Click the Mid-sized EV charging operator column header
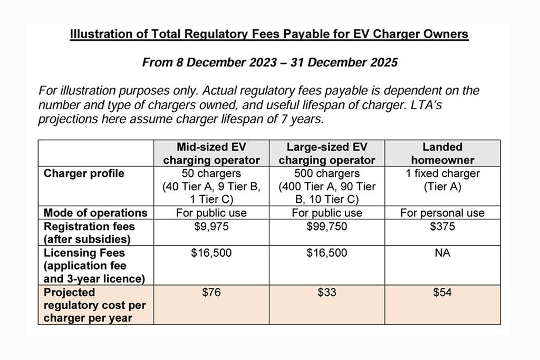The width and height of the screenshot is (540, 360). click(211, 153)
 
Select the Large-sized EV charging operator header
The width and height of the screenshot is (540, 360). click(327, 153)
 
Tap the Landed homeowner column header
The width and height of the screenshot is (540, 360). click(442, 153)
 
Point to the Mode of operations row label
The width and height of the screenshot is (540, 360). click(95, 213)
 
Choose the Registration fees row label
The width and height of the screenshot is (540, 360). click(89, 232)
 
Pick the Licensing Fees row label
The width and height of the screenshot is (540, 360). click(84, 266)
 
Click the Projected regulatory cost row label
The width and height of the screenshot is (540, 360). click(95, 305)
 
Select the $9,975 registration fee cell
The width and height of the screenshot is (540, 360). click(211, 227)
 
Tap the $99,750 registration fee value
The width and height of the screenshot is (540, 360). click(327, 227)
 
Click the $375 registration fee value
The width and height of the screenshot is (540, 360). click(442, 227)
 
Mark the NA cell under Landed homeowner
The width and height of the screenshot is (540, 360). click(442, 253)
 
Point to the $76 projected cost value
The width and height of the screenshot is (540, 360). click(211, 293)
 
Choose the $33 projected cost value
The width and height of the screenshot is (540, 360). click(327, 293)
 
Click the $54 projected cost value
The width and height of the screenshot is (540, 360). click(442, 293)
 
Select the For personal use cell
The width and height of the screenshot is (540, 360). click(442, 213)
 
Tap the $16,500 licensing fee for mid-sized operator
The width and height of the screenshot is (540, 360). click(211, 253)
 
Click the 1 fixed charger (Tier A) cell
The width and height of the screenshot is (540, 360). click(442, 180)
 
